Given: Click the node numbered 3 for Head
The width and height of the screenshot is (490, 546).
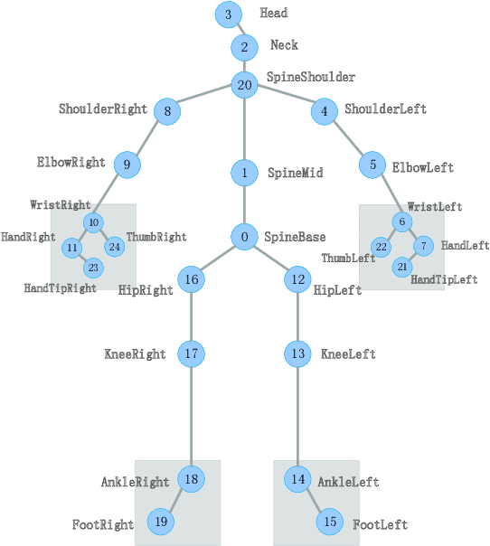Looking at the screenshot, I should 229,14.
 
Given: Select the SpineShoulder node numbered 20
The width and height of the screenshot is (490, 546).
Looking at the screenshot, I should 244,86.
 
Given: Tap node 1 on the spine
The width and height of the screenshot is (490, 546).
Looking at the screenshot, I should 244,172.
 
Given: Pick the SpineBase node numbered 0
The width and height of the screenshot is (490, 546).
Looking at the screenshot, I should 244,237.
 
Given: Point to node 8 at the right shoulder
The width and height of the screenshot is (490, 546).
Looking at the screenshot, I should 167,112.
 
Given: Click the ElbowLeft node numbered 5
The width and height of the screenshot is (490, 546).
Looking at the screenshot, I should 372,165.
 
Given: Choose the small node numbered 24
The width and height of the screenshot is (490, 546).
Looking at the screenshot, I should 114,246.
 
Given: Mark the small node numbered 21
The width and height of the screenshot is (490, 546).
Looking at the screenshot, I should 402,267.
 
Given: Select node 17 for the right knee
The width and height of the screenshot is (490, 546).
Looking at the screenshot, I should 191,353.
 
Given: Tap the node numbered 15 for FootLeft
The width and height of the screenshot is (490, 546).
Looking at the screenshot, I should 330,522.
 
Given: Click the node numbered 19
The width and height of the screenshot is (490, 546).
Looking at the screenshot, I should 161,521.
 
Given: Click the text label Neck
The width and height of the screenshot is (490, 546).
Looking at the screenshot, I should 284,45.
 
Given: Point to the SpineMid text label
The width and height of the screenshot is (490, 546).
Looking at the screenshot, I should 295,173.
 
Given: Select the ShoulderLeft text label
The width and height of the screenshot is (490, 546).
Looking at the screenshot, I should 385,109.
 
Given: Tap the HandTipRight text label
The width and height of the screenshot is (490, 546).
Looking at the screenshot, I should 60,288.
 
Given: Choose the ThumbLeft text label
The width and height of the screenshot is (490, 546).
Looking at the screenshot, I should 348,259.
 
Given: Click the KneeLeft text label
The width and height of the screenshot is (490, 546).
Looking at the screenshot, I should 348,354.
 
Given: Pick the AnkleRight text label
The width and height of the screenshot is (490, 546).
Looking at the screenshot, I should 136,483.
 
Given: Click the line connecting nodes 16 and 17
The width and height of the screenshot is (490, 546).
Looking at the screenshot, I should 191,316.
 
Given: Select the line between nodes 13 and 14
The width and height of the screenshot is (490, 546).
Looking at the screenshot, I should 298,416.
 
